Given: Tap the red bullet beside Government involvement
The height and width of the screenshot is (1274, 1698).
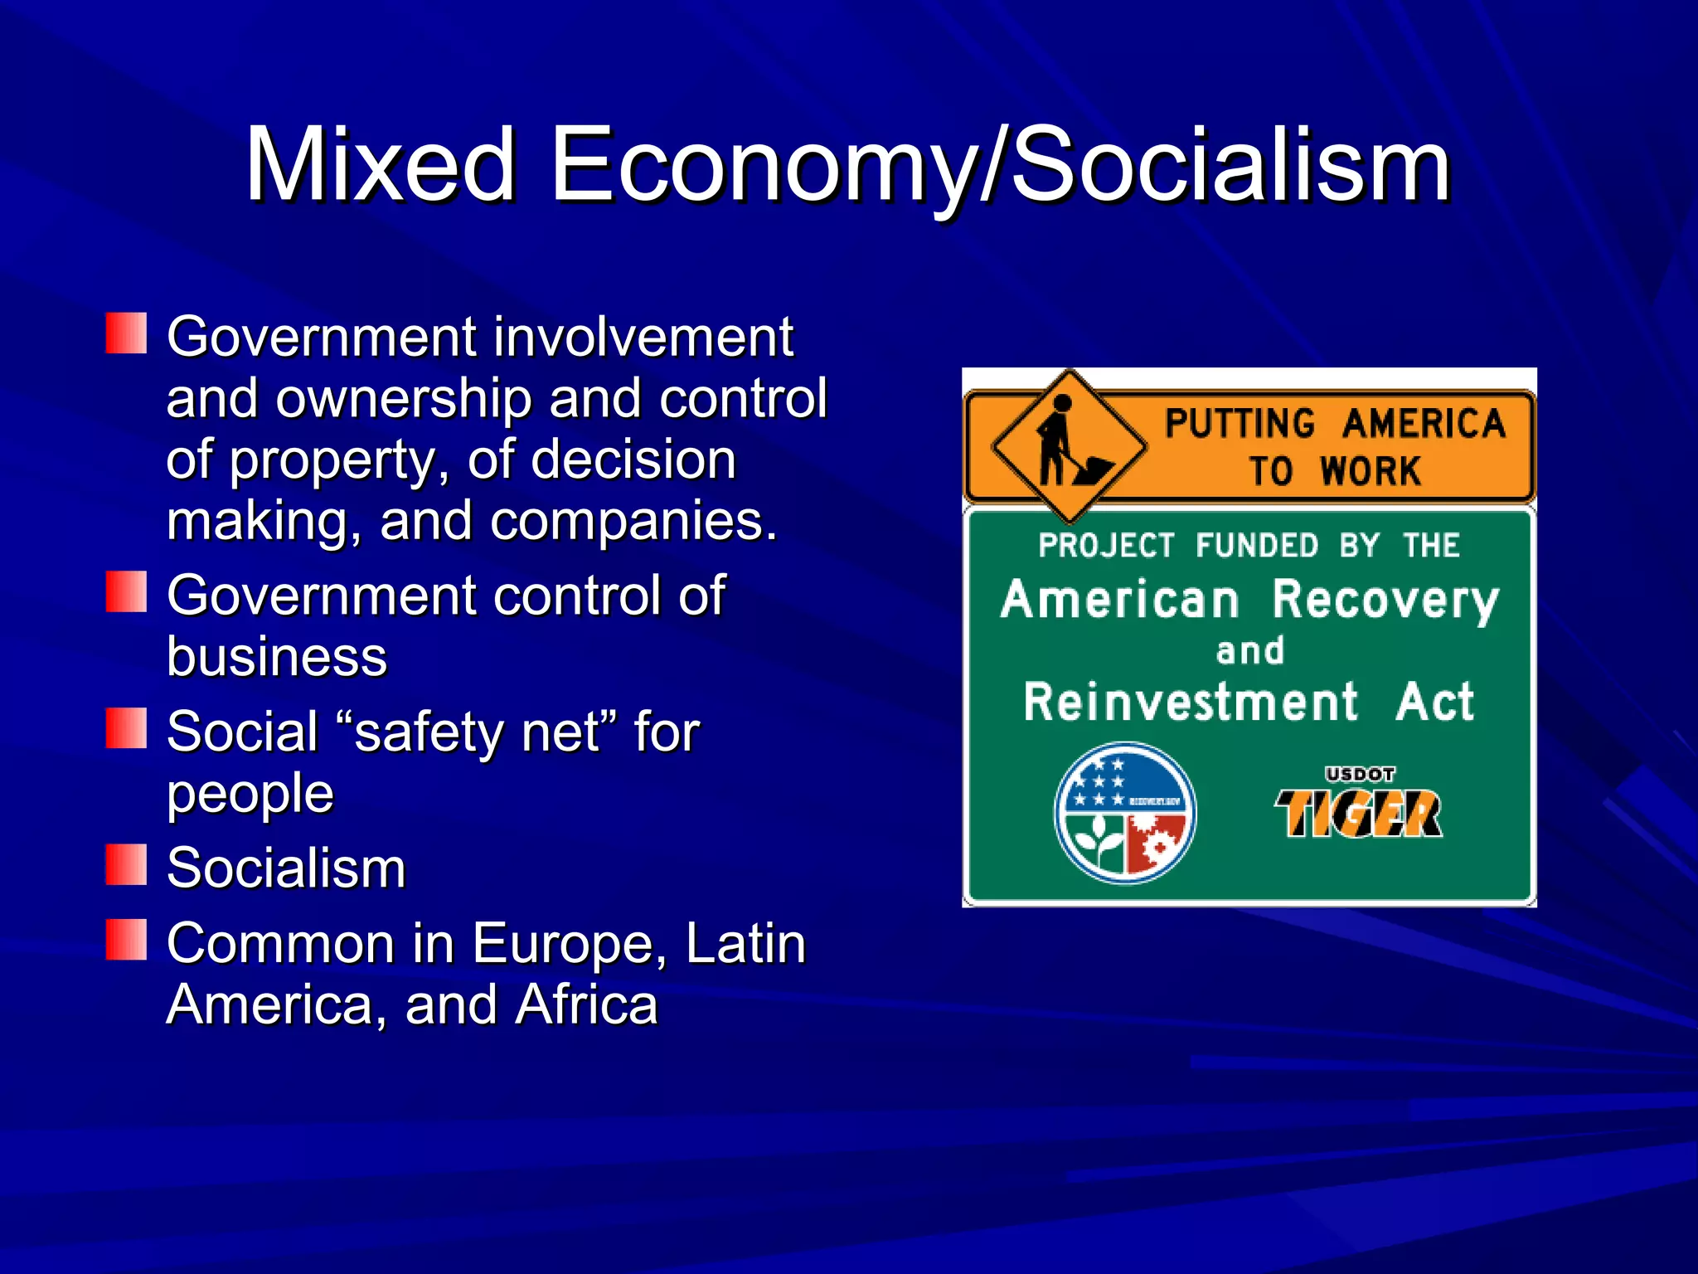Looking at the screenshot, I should [x=126, y=333].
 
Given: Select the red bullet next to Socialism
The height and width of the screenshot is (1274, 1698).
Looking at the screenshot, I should [x=126, y=865].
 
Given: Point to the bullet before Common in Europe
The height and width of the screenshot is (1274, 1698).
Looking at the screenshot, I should [x=126, y=940].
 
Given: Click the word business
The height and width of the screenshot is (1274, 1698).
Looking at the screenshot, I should [x=277, y=657].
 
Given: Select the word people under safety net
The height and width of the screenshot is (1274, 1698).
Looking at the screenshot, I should [x=250, y=795].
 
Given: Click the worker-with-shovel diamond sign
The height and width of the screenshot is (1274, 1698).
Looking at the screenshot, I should [x=1069, y=446].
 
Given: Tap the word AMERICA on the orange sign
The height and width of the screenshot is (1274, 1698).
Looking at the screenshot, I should [x=1424, y=424].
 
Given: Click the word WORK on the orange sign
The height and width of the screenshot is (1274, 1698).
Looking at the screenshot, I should [x=1370, y=471].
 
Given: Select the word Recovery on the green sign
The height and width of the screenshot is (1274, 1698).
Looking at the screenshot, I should [x=1385, y=601].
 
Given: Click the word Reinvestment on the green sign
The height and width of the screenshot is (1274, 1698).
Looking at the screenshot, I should [x=1191, y=703].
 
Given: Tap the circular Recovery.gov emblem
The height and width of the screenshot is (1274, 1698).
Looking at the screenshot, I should [x=1124, y=813].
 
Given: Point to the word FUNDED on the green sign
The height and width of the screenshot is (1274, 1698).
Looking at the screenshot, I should [x=1257, y=546].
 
